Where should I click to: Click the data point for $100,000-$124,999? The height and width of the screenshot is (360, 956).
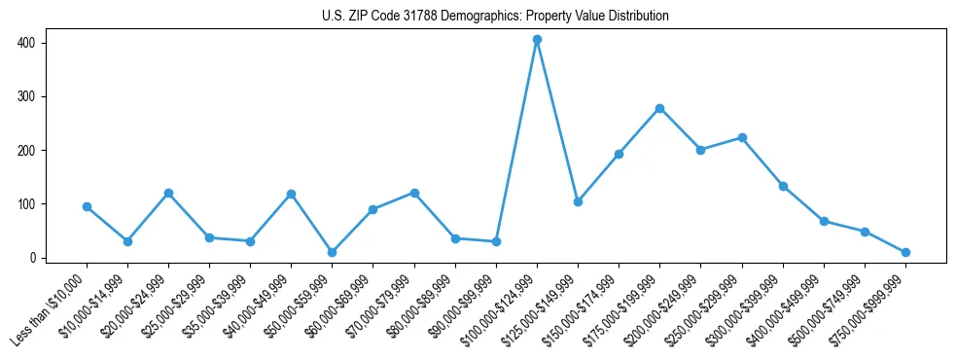[537, 40]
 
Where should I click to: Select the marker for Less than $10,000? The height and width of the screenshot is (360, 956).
[87, 206]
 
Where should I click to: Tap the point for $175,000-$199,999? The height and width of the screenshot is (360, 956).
[659, 108]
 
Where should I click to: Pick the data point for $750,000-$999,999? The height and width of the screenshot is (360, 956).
[905, 252]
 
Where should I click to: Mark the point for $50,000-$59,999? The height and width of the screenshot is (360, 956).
[332, 252]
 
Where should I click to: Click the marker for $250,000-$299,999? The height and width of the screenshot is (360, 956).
[742, 138]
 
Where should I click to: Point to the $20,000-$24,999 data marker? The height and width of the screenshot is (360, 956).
[168, 193]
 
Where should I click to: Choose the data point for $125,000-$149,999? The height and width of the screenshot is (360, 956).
[578, 201]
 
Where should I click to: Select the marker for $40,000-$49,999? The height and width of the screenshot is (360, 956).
[291, 195]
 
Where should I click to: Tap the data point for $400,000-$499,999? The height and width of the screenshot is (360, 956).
[824, 221]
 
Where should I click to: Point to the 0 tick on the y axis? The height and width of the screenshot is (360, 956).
[32, 258]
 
